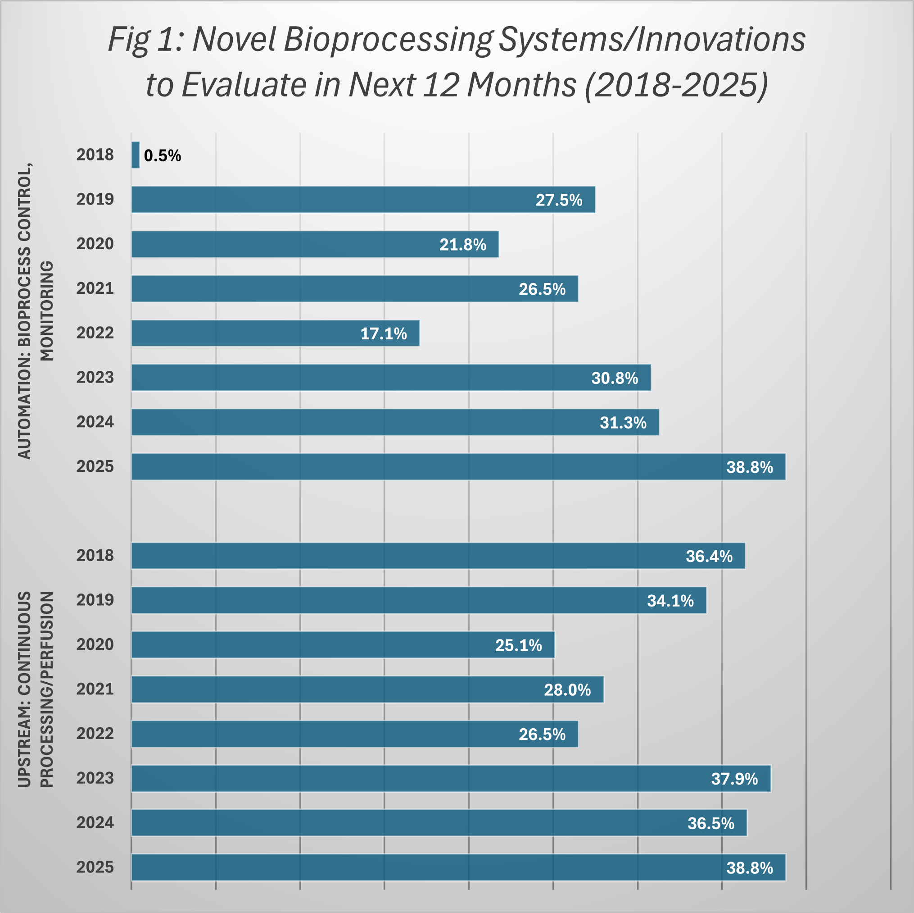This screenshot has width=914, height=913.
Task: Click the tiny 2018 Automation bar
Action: [136, 155]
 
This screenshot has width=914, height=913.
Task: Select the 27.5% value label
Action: [559, 200]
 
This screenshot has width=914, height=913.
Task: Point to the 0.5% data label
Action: [162, 156]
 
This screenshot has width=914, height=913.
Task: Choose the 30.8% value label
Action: [615, 378]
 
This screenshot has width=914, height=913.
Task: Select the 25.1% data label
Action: [519, 645]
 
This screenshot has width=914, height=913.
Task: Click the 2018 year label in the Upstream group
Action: [95, 555]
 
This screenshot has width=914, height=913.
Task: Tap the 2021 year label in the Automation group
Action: [95, 288]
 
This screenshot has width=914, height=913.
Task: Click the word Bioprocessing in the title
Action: [388, 39]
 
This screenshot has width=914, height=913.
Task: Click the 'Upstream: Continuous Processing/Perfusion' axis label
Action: [36, 689]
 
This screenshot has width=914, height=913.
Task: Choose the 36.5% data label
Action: [710, 823]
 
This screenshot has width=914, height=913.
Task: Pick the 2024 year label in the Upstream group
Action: [95, 822]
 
